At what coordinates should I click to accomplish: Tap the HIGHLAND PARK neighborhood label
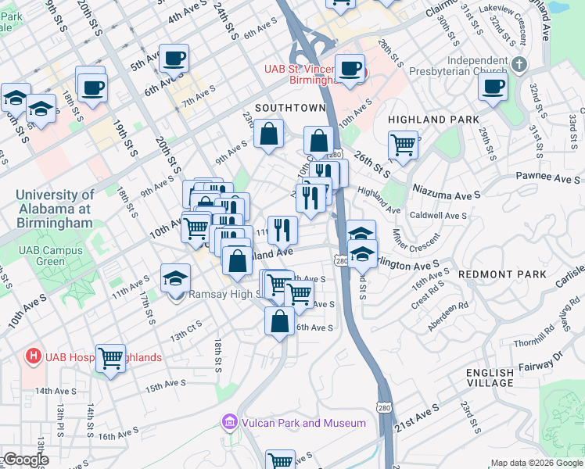coord(431,120)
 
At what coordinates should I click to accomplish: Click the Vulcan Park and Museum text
coord(303,423)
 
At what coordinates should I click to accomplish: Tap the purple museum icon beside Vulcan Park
coord(229,423)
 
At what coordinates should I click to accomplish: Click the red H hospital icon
coord(33,357)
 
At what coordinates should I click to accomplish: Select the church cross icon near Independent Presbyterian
coord(521,62)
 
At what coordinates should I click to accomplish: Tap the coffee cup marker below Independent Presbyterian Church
coord(493,87)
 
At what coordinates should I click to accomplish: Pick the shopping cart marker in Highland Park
coord(403,145)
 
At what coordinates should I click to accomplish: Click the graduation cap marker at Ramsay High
coord(175,277)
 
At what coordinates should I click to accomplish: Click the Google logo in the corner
coord(25,460)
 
